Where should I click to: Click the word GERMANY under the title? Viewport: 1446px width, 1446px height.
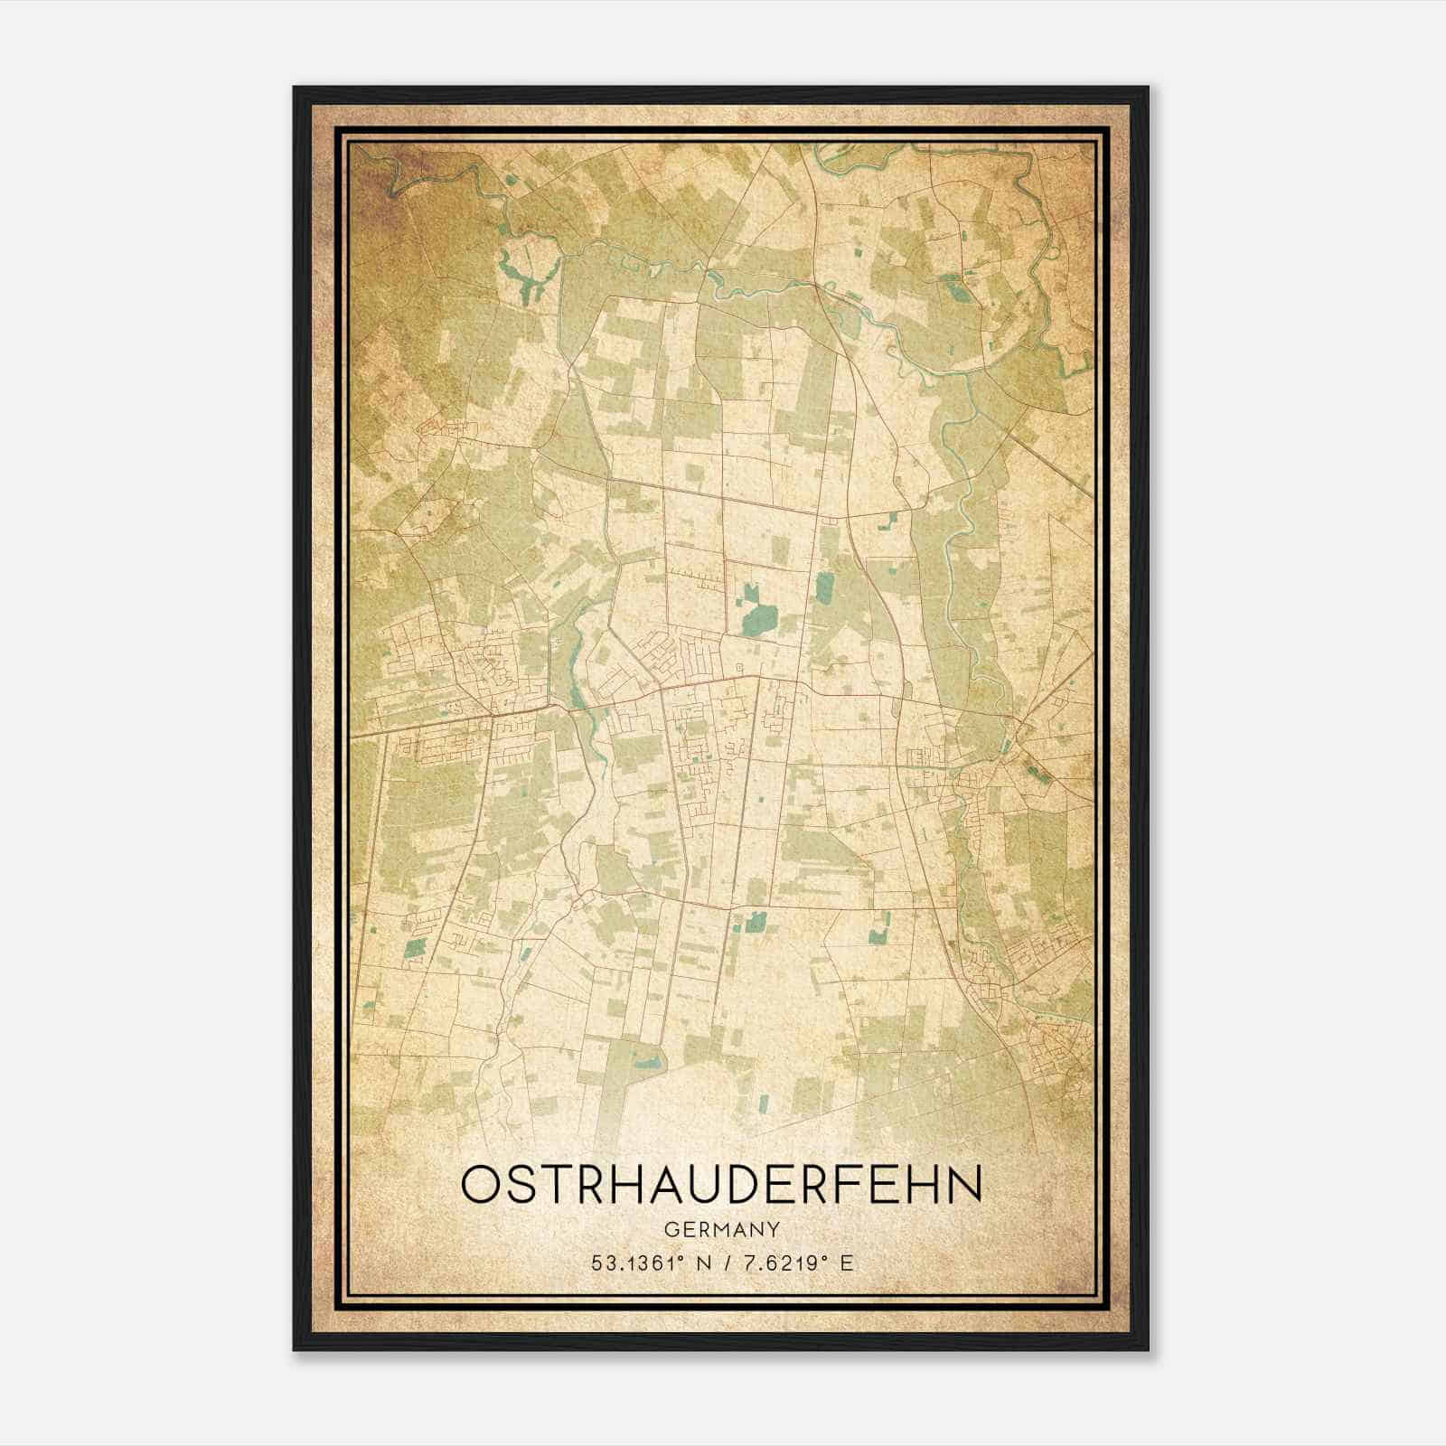tap(721, 1229)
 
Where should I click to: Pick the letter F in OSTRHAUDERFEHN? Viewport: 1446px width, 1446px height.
tap(845, 1184)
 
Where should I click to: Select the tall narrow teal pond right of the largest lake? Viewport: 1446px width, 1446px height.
tap(823, 587)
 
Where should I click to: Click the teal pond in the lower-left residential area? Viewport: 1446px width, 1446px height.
tap(416, 947)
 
